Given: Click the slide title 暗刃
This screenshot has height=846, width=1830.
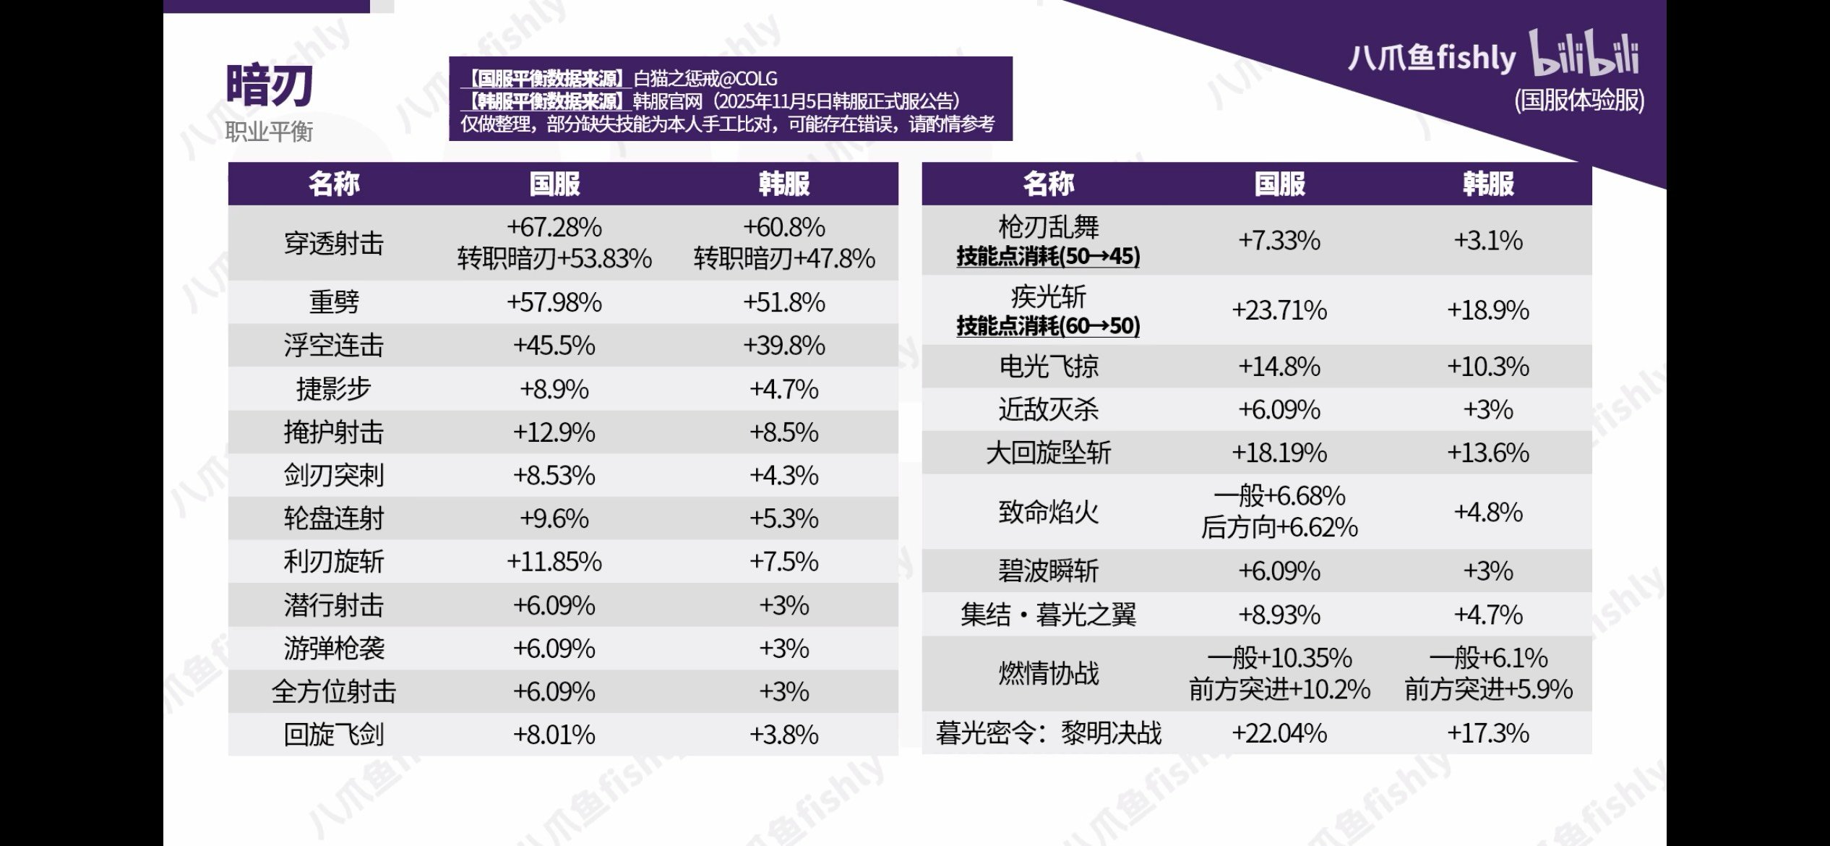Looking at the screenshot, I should pos(269,86).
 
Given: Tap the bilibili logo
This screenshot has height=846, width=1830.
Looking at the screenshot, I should pos(1584,54).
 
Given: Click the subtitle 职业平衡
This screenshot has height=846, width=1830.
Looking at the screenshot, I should pos(269,132).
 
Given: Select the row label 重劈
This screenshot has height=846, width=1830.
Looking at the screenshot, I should pos(334,302).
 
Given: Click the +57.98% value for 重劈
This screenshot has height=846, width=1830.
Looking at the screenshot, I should pos(554,302).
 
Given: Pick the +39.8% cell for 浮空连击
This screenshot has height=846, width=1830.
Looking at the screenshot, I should pos(784,346).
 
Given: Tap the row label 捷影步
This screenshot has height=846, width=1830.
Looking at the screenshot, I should pos(334,389).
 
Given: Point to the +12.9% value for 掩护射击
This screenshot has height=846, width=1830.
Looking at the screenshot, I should pos(554,432).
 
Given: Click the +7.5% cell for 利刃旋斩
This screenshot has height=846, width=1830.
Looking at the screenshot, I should pos(784,562).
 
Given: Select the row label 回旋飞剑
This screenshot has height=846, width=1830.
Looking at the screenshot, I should pos(334,735).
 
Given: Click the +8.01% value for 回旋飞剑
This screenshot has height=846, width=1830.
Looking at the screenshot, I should pos(554,735).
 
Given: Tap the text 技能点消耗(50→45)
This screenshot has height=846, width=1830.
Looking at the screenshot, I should pos(1048,256).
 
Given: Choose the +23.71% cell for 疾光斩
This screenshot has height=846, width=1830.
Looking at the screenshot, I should pos(1279,310).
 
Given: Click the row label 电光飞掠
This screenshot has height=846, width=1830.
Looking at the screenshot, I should pos(1048,367).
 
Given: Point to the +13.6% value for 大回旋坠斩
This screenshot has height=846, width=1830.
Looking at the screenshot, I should pos(1487,453).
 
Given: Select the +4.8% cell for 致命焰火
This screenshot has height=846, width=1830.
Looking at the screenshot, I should pos(1487,512).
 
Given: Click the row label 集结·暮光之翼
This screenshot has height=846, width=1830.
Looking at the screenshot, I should pos(1048,615).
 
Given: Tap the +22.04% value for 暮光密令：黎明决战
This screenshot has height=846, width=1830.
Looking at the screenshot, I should pos(1279,733).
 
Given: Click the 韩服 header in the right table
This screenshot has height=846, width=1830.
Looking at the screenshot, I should pos(1487,184).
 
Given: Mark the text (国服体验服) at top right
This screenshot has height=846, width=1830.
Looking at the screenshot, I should pos(1579,100).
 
